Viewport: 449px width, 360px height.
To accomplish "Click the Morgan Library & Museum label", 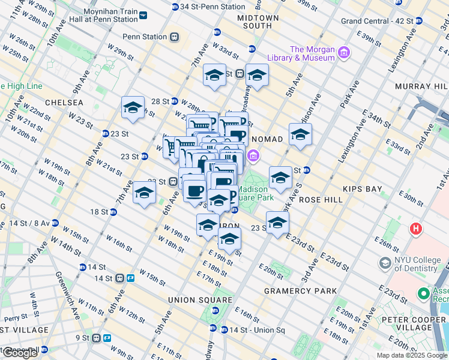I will [x=312, y=53].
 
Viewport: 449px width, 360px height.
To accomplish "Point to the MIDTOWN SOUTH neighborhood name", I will [x=258, y=22].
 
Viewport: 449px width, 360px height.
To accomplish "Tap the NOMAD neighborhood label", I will [x=267, y=139].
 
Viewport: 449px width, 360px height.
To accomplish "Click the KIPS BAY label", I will [x=362, y=189].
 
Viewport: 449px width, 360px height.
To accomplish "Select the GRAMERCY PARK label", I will [x=301, y=291].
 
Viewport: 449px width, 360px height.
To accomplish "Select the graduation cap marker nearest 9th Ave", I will [x=133, y=108].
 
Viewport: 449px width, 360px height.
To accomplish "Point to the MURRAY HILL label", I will [x=420, y=87].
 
